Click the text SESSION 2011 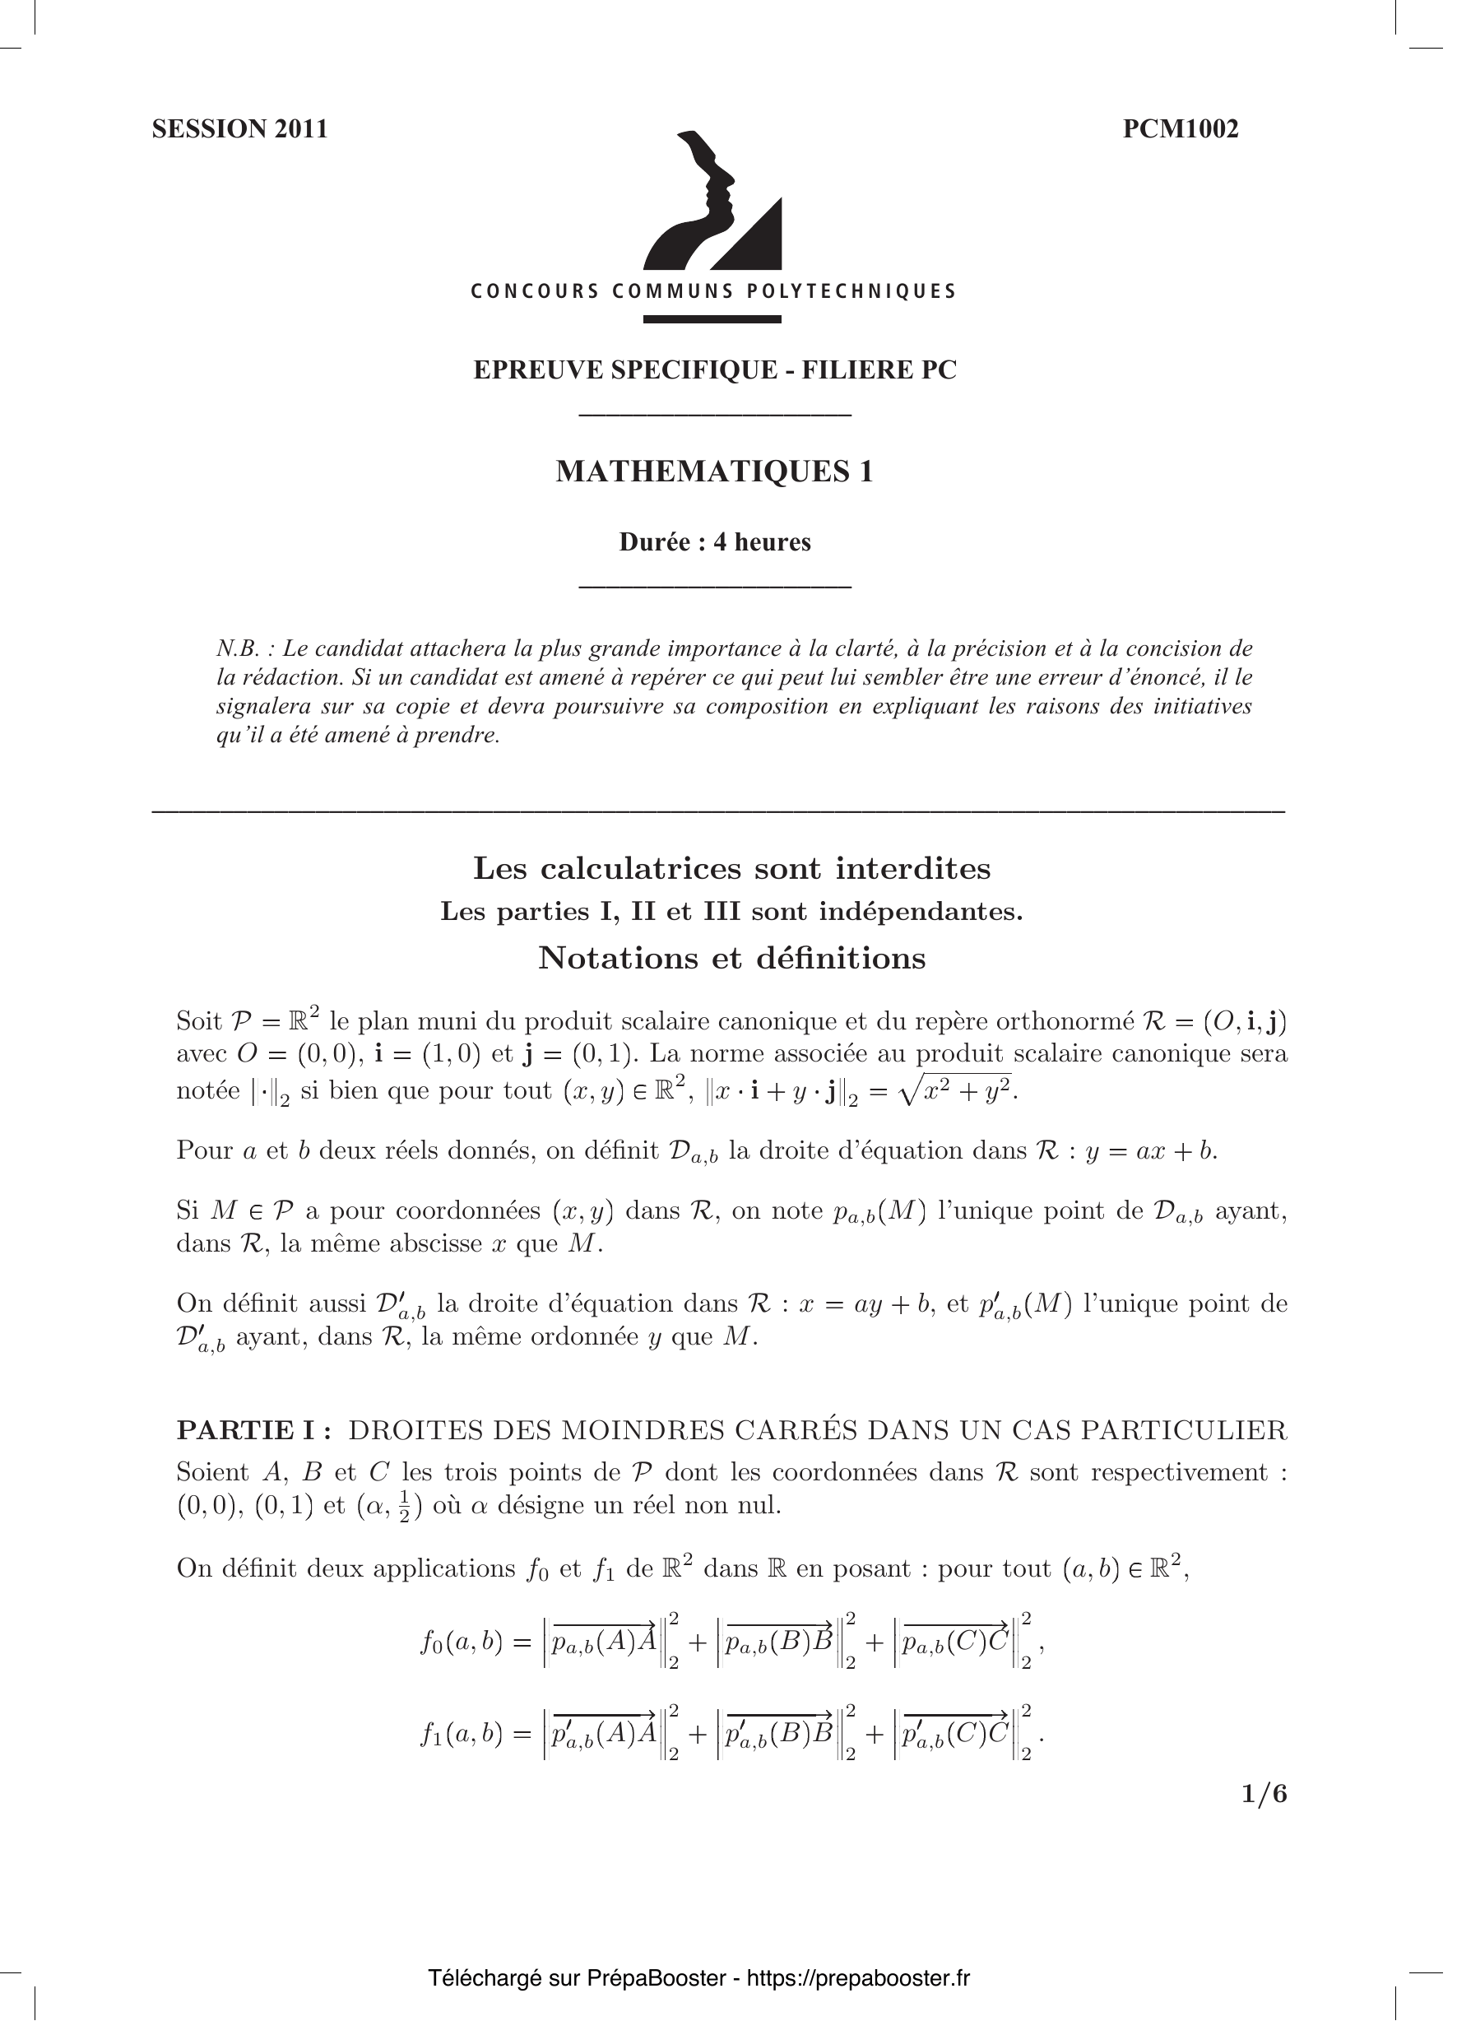239,129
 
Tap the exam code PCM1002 1180,129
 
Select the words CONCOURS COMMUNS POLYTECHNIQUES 714,291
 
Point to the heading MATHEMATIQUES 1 715,472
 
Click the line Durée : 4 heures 715,541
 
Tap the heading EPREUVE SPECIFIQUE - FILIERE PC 715,369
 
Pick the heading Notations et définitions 731,958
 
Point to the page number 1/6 1264,1793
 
